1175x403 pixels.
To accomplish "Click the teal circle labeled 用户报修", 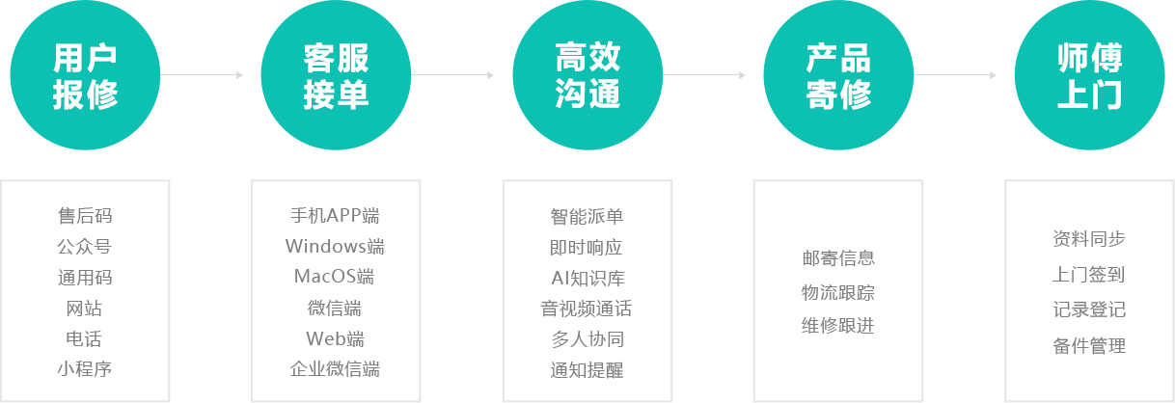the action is [x=85, y=75].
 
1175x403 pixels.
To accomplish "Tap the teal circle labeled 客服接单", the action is [x=336, y=75].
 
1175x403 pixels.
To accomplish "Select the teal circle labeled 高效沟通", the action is [x=587, y=75].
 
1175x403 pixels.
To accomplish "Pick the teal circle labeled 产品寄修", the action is [x=838, y=75].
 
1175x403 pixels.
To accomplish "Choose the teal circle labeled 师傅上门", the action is [x=1089, y=75].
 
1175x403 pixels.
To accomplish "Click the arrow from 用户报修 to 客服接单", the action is [x=202, y=75].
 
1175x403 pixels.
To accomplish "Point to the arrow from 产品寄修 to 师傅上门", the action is [x=955, y=75].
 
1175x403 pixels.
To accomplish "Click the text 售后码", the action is [x=85, y=215].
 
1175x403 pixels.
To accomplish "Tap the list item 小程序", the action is [x=85, y=369].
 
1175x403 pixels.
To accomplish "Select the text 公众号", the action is [x=85, y=246].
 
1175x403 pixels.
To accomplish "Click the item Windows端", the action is [x=335, y=246].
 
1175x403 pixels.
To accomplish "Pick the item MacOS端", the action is [x=334, y=276].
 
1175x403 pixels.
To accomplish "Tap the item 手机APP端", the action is [x=335, y=215].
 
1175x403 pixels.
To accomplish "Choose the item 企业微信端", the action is [x=335, y=369].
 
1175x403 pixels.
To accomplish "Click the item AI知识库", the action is [x=588, y=279].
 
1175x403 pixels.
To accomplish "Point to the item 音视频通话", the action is [x=587, y=309].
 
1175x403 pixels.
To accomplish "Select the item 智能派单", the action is [x=587, y=216].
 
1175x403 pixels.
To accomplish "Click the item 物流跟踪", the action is [x=838, y=292].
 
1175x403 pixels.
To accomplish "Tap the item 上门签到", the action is [x=1089, y=274].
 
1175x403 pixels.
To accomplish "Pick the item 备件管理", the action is [x=1089, y=346].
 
